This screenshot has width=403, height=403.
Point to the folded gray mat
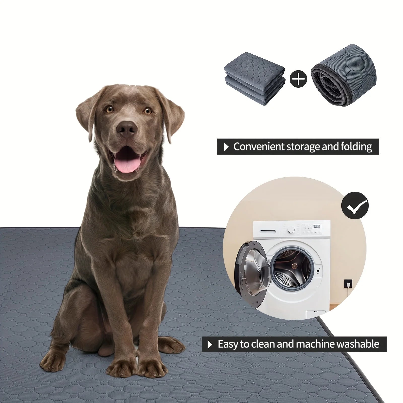[254, 78]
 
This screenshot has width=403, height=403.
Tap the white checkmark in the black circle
[355, 207]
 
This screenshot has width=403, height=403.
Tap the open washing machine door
[252, 267]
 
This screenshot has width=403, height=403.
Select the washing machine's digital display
[317, 226]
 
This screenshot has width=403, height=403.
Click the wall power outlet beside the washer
[347, 284]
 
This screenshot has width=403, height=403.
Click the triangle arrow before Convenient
[226, 147]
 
